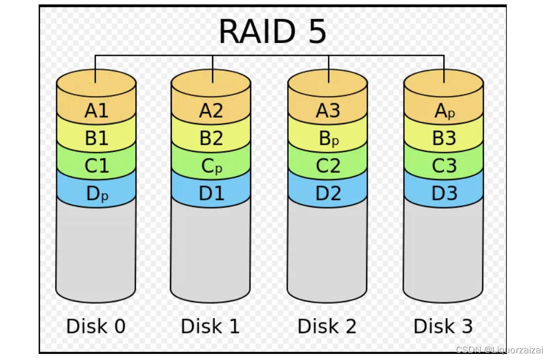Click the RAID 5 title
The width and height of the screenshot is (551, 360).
(273, 32)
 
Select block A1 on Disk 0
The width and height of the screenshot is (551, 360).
(97, 112)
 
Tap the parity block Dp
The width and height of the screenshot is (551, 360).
(97, 194)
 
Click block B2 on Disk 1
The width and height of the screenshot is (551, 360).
(211, 139)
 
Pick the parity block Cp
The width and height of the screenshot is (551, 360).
(211, 166)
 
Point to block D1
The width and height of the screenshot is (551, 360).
(211, 194)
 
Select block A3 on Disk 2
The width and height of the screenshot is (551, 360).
(328, 112)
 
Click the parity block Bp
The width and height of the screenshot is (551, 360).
(328, 139)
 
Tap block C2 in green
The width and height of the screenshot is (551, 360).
(328, 166)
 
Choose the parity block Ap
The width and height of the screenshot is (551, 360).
(444, 112)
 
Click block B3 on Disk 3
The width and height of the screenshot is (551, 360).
(444, 139)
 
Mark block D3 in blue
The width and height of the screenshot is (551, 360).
(444, 194)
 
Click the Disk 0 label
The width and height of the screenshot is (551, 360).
(96, 326)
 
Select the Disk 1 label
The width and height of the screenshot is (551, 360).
(210, 326)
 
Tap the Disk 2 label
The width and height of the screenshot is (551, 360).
(327, 326)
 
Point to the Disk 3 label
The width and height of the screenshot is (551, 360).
(443, 326)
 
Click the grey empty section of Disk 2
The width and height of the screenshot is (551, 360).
(327, 248)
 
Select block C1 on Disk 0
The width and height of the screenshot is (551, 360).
(97, 166)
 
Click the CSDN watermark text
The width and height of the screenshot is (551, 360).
(499, 350)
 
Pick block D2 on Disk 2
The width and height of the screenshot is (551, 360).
(328, 194)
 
